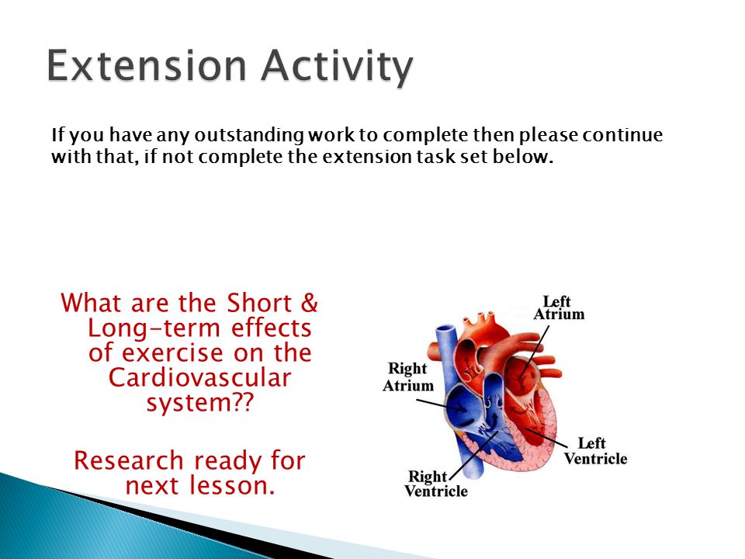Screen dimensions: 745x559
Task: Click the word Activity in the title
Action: tap(337, 68)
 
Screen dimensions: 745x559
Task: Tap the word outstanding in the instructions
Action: tap(248, 135)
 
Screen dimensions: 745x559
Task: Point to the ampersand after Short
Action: tap(310, 303)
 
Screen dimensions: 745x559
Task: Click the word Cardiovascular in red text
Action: tap(199, 378)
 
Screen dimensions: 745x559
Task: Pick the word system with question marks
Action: tap(200, 403)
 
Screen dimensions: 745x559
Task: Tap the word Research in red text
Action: tap(128, 460)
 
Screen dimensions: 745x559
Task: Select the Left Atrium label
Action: tap(559, 308)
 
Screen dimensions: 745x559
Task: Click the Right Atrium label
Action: tap(408, 377)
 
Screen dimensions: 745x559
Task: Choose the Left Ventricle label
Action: tap(595, 451)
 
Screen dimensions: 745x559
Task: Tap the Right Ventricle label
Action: tap(436, 484)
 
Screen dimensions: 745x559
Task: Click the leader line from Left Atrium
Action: tap(534, 352)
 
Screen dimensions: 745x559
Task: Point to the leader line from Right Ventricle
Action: tap(473, 456)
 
